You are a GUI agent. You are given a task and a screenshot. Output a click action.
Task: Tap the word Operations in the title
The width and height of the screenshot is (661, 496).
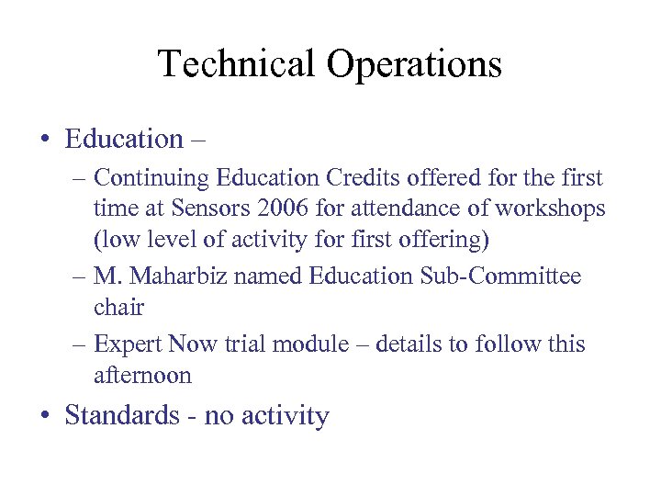pyautogui.click(x=412, y=65)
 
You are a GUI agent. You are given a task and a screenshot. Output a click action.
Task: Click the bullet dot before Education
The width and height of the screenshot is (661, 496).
pyautogui.click(x=43, y=140)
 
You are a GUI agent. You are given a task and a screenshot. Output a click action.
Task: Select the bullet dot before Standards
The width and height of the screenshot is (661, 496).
pyautogui.click(x=43, y=416)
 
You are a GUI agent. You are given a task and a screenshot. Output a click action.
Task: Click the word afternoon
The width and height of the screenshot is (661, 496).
pyautogui.click(x=142, y=376)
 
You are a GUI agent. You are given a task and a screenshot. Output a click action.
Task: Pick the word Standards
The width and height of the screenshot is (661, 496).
pyautogui.click(x=122, y=415)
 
